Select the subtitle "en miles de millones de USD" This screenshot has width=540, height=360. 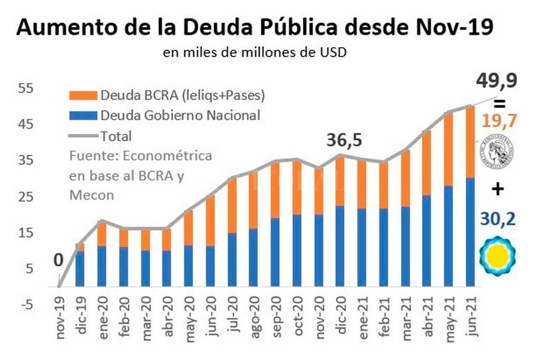(254, 53)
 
